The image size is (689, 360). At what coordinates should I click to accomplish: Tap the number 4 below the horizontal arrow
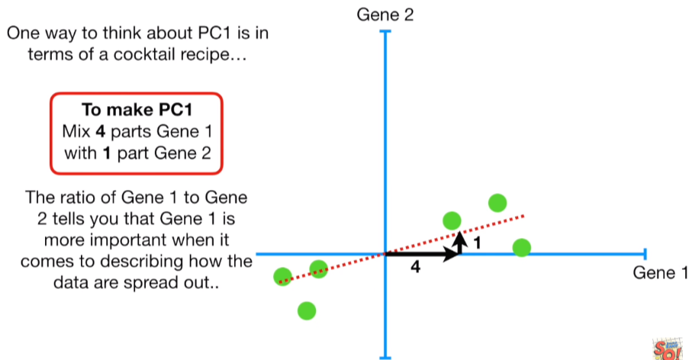tap(415, 268)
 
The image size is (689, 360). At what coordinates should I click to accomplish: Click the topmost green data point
tap(497, 203)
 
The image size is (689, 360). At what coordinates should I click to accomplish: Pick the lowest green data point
tap(307, 310)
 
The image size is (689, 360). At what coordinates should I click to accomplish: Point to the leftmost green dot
tap(282, 276)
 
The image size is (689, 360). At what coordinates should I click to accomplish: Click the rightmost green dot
tap(522, 248)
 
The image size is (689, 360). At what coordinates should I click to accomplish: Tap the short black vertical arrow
tap(459, 243)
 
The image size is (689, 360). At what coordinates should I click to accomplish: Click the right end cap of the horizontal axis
tap(646, 253)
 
